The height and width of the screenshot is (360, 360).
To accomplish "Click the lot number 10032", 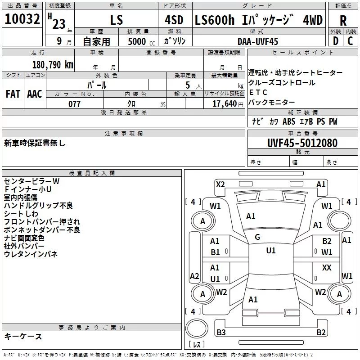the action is pyautogui.click(x=22, y=21).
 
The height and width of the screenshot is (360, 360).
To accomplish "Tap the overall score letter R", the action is pyautogui.click(x=343, y=21).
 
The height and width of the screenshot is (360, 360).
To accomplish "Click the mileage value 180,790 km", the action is pyautogui.click(x=53, y=64).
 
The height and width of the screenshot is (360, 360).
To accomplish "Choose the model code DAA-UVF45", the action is pyautogui.click(x=258, y=41).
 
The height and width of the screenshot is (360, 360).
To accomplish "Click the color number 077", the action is pyautogui.click(x=74, y=104).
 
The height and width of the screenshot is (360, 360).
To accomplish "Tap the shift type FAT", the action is pyautogui.click(x=13, y=94).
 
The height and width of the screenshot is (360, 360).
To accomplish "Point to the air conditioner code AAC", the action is pyautogui.click(x=34, y=94).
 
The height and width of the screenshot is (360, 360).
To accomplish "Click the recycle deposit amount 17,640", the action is pyautogui.click(x=224, y=104).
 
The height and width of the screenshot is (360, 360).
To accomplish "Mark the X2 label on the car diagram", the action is pyautogui.click(x=220, y=184).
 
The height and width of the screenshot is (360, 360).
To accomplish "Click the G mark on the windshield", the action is pyautogui.click(x=257, y=237).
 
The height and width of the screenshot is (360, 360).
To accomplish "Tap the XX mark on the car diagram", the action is pyautogui.click(x=327, y=268).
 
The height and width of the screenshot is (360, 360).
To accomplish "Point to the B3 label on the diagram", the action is pyautogui.click(x=221, y=333).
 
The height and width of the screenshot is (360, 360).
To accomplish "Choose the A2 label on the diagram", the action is pyautogui.click(x=194, y=276).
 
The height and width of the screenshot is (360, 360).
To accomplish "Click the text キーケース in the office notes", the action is pyautogui.click(x=23, y=336).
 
